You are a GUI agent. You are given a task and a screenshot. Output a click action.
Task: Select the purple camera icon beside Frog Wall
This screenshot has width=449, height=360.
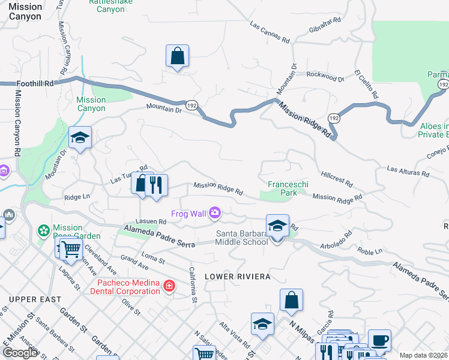point(215,213)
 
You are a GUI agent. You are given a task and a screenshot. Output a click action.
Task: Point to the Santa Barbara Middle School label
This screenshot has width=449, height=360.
point(242,238)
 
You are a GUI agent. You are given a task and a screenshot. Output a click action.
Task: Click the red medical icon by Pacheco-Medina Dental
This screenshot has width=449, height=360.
point(169,286)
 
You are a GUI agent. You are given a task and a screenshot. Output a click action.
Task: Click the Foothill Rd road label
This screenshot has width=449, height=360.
point(35,83)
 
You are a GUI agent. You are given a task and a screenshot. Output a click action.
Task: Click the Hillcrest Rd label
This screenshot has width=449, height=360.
point(337,178)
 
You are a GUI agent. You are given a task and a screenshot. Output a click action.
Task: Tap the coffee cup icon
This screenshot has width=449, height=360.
point(379,340)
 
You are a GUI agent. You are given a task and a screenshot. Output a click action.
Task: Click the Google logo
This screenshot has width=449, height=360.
point(19,353)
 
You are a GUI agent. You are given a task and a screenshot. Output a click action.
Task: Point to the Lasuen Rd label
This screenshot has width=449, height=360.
point(146,221)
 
